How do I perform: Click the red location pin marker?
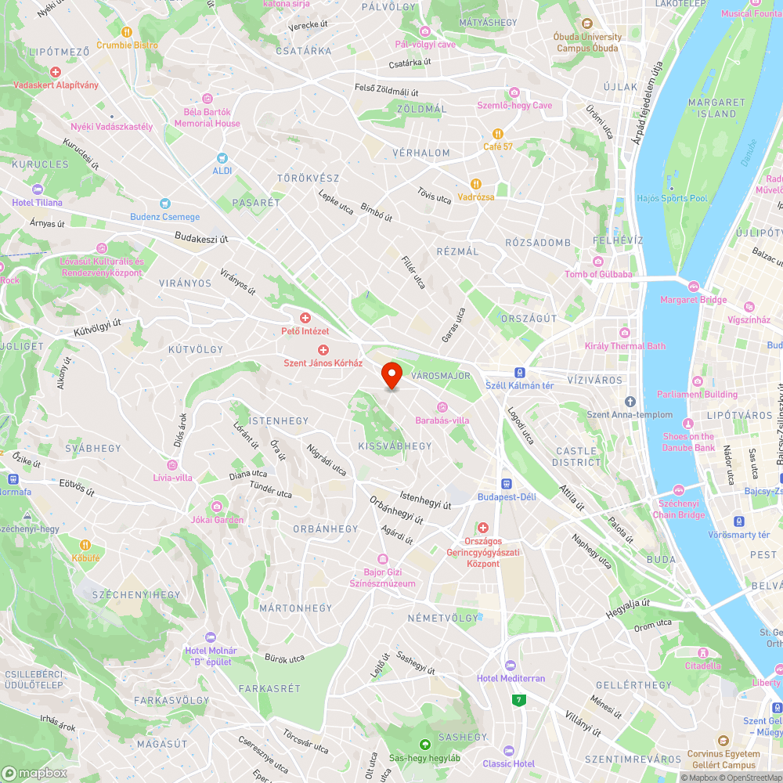391,374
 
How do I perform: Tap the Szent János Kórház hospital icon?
323,349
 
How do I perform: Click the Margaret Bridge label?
694,300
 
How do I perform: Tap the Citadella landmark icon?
702,652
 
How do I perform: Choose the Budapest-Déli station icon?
507,483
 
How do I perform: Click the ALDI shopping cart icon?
222,157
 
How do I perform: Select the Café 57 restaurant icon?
497,133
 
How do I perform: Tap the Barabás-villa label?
442,420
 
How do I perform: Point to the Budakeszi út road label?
201,236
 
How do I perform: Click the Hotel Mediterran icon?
511,665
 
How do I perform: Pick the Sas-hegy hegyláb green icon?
425,745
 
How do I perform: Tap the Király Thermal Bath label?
625,346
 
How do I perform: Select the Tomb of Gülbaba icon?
598,261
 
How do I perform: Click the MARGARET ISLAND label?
716,108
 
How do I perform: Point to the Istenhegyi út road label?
425,500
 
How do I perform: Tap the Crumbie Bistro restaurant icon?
127,31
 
